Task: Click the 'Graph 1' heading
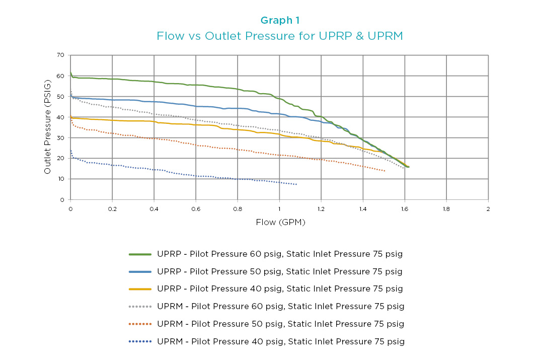pos(280,20)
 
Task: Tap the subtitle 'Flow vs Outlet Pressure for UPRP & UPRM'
pos(280,36)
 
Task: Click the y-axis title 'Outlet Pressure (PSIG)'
pos(47,127)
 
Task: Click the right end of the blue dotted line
pos(296,184)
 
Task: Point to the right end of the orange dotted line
pos(385,171)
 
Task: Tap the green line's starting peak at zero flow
pos(70,73)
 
